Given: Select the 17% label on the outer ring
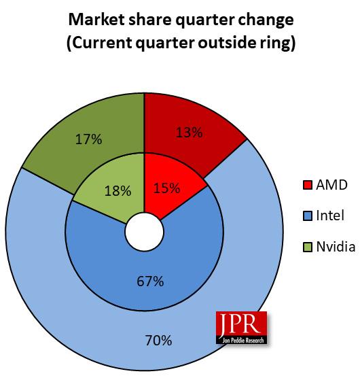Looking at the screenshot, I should coord(88,140).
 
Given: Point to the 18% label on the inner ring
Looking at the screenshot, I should coord(118,191).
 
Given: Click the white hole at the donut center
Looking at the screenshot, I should coord(144,232).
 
